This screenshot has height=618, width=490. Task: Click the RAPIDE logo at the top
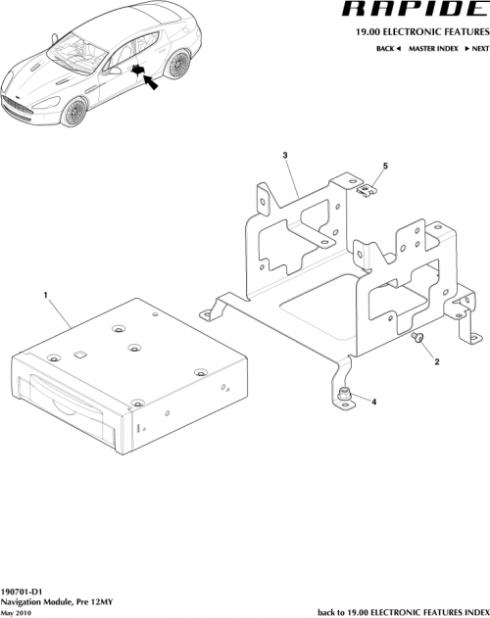[405, 11]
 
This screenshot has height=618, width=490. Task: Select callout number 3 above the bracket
[284, 156]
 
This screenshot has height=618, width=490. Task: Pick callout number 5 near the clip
[384, 166]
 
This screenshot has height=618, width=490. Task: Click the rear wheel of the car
[177, 68]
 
